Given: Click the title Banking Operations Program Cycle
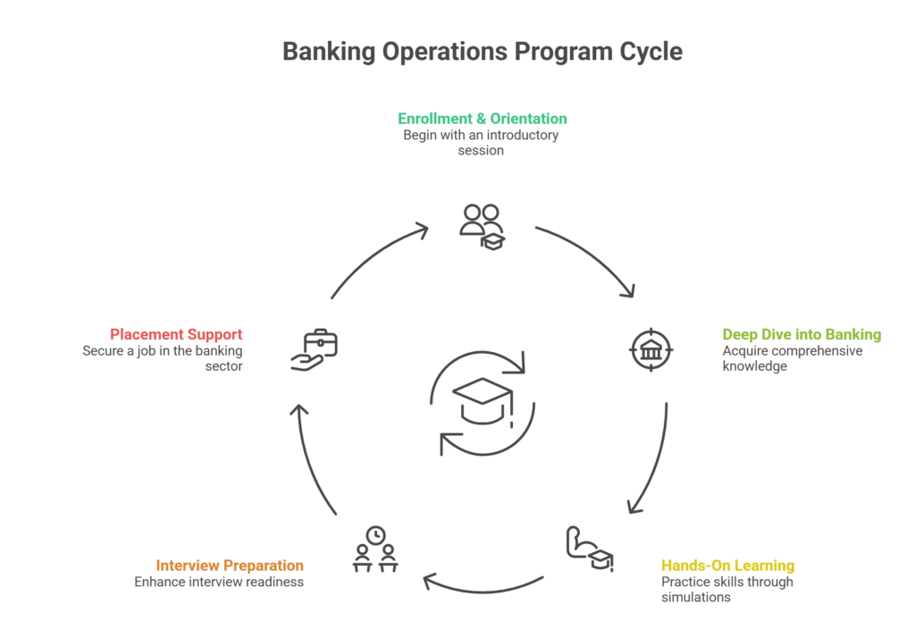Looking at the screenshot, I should pyautogui.click(x=483, y=51).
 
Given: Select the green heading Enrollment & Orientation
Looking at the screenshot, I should pyautogui.click(x=483, y=118).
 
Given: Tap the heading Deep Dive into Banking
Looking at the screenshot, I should pyautogui.click(x=802, y=335).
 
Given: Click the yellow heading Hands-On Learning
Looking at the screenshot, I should pyautogui.click(x=727, y=566).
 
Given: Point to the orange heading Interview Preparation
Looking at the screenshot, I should pyautogui.click(x=230, y=566).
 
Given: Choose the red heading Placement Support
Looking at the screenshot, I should pyautogui.click(x=176, y=335).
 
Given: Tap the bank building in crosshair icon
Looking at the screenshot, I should pyautogui.click(x=652, y=349).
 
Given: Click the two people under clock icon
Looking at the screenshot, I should pyautogui.click(x=375, y=549).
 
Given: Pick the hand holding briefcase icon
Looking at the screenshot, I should pyautogui.click(x=314, y=349).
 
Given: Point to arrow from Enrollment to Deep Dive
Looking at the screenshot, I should pyautogui.click(x=590, y=259).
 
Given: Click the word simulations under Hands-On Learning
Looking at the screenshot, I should pyautogui.click(x=696, y=597).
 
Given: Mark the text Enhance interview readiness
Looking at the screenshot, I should pyautogui.click(x=219, y=582).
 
